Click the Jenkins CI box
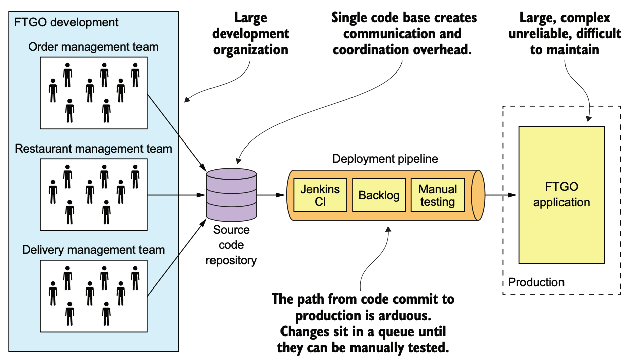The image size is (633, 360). pos(320,195)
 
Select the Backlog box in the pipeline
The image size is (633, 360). pos(379,195)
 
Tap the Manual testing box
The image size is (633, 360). pos(438,195)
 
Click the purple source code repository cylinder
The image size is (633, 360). pos(232,194)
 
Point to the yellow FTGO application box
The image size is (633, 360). pos(562,195)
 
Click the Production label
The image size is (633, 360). pos(536,282)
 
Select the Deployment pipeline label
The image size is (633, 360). pos(385,159)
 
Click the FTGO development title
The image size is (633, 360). pos(66,22)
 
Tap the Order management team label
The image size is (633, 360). pos(93,47)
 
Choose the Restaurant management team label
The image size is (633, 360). pos(93,149)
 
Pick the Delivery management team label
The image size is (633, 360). pos(93,250)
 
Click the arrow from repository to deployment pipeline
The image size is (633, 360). pos(271,195)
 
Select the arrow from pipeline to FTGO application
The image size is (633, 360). pos(501,195)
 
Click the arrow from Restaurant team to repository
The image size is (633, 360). pos(177,195)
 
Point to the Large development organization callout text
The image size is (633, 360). pos(250,34)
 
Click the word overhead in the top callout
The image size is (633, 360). pos(443,50)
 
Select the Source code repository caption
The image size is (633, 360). pos(231,245)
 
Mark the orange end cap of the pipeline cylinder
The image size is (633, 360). pos(478,195)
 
